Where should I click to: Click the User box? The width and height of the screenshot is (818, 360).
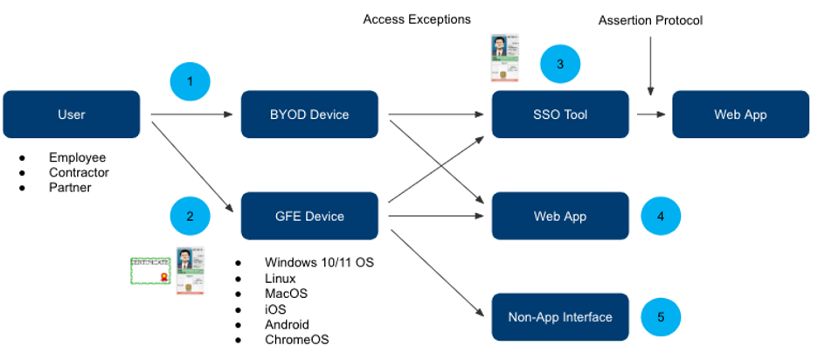click(72, 114)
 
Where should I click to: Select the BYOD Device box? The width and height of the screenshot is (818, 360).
click(309, 114)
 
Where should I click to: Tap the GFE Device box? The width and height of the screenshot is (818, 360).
click(309, 216)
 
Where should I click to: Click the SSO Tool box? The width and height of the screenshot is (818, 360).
click(560, 114)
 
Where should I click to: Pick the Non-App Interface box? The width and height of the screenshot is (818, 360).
click(560, 317)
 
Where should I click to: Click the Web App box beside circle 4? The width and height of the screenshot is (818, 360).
click(560, 216)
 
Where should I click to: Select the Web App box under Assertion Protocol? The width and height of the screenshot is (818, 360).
click(740, 114)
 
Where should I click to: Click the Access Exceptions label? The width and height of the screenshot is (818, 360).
click(417, 19)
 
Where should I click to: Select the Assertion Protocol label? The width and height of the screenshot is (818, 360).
click(650, 20)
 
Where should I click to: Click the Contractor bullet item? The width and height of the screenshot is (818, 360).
click(79, 173)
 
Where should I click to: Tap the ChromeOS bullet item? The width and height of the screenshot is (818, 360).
click(296, 340)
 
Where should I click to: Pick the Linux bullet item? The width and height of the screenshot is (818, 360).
click(280, 278)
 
